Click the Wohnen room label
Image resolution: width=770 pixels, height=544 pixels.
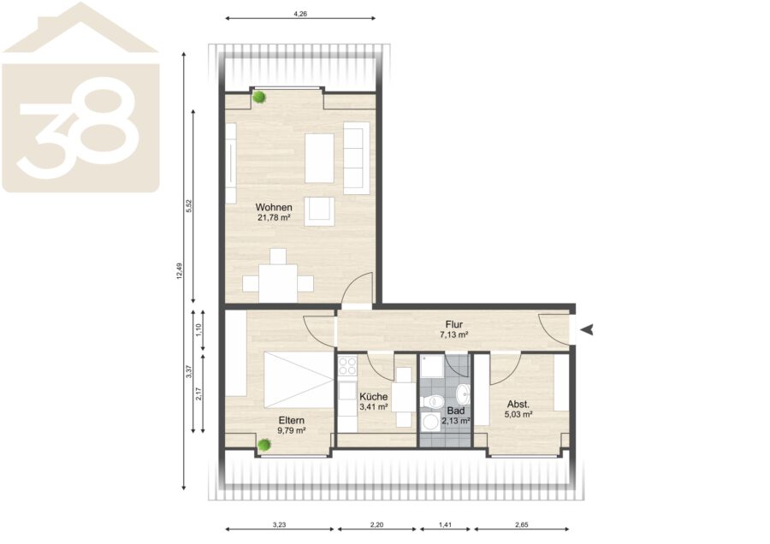click(274, 208)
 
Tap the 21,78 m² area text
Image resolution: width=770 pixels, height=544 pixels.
click(274, 217)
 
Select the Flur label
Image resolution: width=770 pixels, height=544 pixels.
click(454, 324)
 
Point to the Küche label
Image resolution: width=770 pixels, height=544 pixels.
click(374, 397)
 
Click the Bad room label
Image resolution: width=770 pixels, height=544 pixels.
click(456, 411)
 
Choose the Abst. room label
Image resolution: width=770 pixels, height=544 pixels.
click(518, 405)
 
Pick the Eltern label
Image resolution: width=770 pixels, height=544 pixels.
click(292, 421)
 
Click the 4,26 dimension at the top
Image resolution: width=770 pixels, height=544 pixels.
click(300, 15)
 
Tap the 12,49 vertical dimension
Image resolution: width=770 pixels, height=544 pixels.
click(180, 271)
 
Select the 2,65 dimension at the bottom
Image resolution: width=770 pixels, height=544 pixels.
click(522, 525)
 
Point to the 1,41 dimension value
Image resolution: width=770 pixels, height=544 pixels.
click(445, 525)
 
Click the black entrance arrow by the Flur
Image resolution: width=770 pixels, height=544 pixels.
click(587, 330)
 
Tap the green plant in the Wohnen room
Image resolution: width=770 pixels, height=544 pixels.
click(258, 98)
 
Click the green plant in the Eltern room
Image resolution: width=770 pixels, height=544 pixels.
click(264, 445)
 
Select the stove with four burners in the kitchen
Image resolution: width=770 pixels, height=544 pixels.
click(347, 366)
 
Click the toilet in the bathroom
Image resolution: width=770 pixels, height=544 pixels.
click(432, 402)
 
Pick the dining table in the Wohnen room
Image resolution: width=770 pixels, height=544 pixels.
click(278, 283)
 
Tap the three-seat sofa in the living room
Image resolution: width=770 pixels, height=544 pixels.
click(356, 157)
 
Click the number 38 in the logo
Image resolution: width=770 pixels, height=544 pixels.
click(79, 127)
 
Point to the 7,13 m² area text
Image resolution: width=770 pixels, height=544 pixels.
click(453, 334)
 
